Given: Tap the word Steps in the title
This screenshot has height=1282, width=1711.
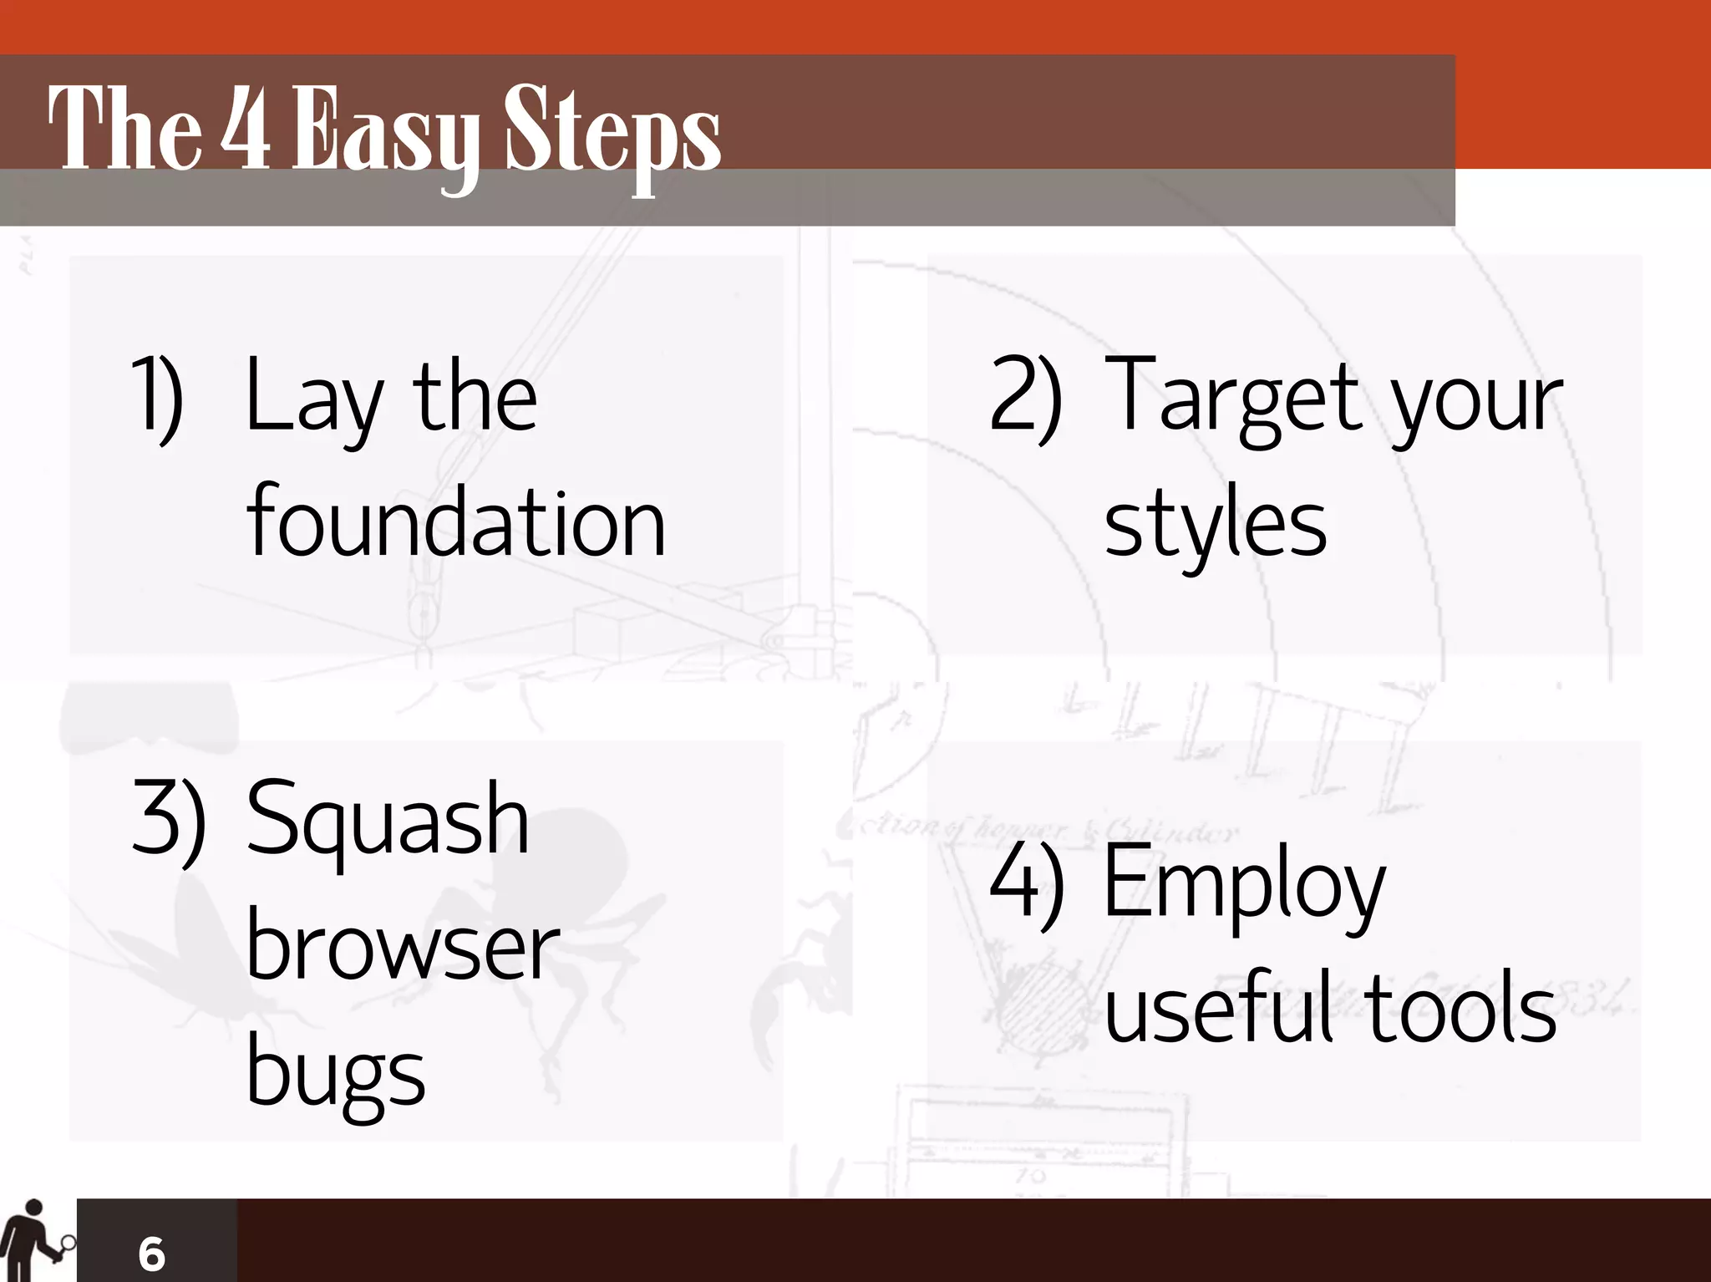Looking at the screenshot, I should pyautogui.click(x=612, y=134).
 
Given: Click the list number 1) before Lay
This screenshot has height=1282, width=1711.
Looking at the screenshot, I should pyautogui.click(x=157, y=397).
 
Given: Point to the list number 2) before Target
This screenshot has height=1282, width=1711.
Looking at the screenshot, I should pyautogui.click(x=1025, y=397).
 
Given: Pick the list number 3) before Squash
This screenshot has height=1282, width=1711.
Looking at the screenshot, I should pyautogui.click(x=168, y=819).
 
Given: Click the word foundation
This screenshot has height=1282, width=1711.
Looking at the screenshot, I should pyautogui.click(x=456, y=522).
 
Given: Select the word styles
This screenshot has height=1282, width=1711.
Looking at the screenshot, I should pyautogui.click(x=1216, y=525).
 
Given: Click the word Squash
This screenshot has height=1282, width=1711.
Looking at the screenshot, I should pyautogui.click(x=388, y=819).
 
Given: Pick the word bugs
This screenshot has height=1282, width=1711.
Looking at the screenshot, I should pyautogui.click(x=336, y=1074).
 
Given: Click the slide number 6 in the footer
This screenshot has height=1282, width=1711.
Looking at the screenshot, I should pyautogui.click(x=151, y=1253).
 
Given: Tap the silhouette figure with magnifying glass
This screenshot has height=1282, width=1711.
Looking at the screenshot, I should pyautogui.click(x=33, y=1242).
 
